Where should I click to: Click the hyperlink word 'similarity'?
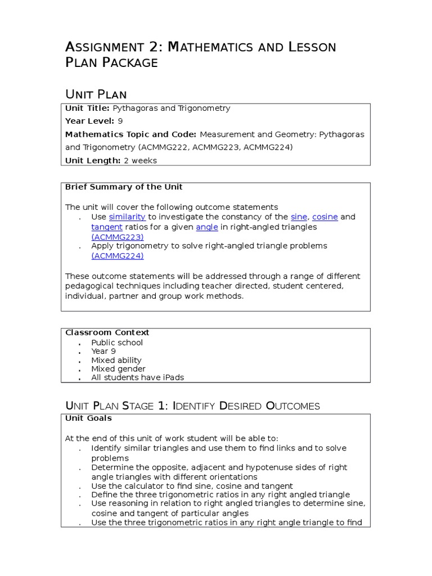coord(127,217)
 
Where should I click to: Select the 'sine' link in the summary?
coord(299,217)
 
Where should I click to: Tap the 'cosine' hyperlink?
coord(325,217)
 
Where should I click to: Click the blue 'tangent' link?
coord(107,227)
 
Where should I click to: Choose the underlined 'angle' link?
coord(207,227)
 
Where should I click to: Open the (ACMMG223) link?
coord(118,237)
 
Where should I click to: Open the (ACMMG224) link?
coord(118,256)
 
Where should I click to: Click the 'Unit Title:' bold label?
coord(87,109)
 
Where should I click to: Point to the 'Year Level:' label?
coord(89,121)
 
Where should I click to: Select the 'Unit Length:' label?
coord(93,160)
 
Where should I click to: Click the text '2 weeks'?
coord(141,160)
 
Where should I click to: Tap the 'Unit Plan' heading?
coord(96,94)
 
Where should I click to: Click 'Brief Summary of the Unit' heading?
coord(124,187)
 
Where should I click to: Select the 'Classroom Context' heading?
coord(107,333)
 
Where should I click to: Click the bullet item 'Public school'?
coord(117,343)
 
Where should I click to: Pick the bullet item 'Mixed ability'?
coord(116,360)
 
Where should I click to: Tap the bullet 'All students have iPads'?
coord(137,377)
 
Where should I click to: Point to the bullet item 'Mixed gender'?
coord(118,369)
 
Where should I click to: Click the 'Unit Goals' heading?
coord(88,418)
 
